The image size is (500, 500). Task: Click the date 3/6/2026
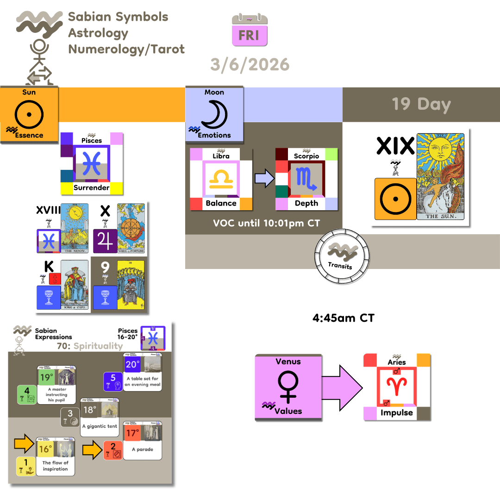[x=250, y=64]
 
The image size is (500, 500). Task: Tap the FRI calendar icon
[x=250, y=31]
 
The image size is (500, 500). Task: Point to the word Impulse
[x=397, y=413]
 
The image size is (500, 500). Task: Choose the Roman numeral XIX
[x=395, y=146]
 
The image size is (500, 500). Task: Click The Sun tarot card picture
[x=440, y=176]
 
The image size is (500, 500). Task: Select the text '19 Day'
[x=421, y=104]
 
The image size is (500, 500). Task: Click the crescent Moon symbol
[x=214, y=114]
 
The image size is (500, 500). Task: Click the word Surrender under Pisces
[x=92, y=188]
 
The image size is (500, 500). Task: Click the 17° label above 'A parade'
[x=133, y=433]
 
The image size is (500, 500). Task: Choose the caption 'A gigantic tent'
[x=100, y=426]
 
